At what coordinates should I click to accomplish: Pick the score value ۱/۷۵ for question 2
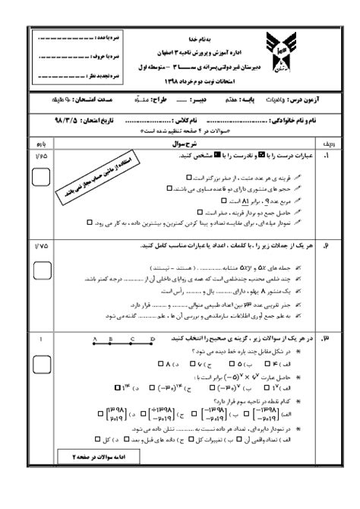pos(42,247)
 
